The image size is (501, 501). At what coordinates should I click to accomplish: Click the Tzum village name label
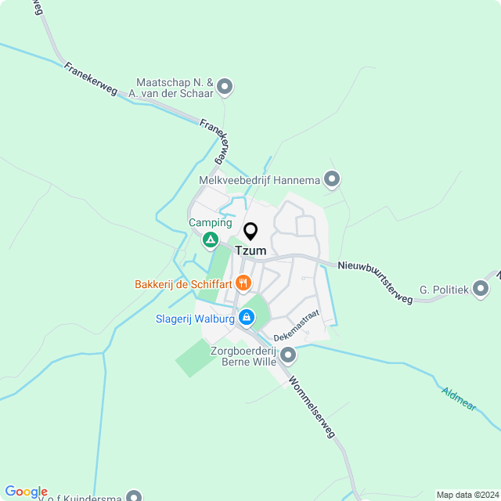(250, 250)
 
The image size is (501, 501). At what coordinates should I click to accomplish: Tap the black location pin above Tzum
(250, 232)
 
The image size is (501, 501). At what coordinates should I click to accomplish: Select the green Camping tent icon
(210, 240)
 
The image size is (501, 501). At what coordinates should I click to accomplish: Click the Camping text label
(210, 222)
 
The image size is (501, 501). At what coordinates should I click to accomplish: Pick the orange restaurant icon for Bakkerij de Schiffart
(243, 283)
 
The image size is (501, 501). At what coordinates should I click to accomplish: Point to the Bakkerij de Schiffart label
(184, 283)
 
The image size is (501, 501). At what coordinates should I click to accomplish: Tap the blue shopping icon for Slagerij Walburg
(246, 317)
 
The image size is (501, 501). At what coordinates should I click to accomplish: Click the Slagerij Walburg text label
(194, 318)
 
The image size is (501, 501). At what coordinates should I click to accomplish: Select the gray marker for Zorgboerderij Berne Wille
(289, 356)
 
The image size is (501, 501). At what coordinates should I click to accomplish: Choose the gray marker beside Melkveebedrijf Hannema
(332, 180)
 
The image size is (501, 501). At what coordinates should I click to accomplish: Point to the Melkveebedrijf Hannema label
(260, 180)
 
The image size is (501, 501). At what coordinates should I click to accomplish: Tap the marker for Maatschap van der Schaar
(225, 86)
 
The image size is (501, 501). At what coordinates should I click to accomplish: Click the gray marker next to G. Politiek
(481, 290)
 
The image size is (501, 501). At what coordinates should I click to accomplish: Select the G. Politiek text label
(443, 290)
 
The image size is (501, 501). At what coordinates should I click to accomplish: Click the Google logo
(26, 492)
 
